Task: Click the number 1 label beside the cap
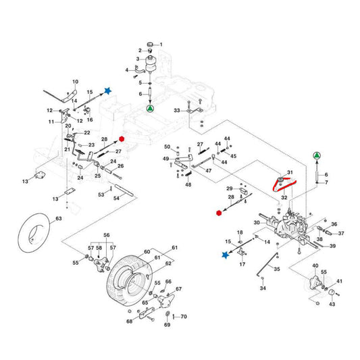[x=160, y=45]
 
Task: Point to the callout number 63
[x=58, y=219]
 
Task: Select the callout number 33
[x=177, y=109]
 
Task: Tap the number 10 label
[x=75, y=80]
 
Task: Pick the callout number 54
[x=116, y=198]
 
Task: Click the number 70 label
[x=183, y=316]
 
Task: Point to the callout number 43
[x=332, y=305]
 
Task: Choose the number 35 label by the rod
[x=276, y=269]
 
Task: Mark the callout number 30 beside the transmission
[x=257, y=223]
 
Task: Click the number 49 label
[x=165, y=159]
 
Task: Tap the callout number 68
[x=129, y=322]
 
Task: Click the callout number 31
[x=291, y=172]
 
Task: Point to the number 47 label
[x=209, y=171]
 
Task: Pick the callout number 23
[x=92, y=145]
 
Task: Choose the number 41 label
[x=340, y=280]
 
